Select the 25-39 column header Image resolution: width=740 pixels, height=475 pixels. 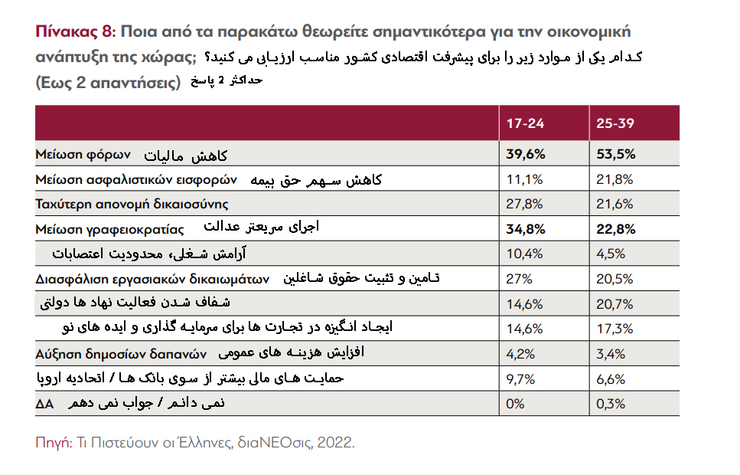[614, 123]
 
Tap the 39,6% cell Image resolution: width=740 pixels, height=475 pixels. [526, 154]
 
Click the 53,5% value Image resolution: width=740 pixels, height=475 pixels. [615, 154]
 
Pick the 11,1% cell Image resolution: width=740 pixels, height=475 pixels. [524, 179]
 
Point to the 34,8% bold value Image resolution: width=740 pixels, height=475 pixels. [526, 229]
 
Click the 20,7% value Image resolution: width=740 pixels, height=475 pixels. [614, 304]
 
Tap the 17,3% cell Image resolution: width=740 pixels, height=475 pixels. [613, 329]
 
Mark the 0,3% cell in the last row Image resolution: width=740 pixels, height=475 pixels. [610, 404]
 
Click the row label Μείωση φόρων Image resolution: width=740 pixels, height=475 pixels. [84, 154]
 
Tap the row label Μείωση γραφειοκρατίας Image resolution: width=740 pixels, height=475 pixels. [109, 229]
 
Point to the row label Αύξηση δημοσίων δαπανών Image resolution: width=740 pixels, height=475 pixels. [122, 354]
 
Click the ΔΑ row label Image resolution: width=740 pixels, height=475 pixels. [44, 404]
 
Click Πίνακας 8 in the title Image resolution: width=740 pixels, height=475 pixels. [73, 33]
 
